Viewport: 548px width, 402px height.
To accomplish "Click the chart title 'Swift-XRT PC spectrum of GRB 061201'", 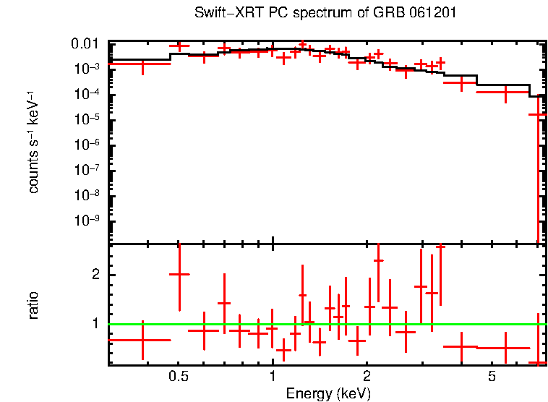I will [325, 14].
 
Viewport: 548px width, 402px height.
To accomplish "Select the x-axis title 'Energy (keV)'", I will [328, 393].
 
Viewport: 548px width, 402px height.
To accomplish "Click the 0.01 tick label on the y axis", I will [87, 45].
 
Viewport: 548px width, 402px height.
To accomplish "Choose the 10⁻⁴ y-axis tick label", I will [87, 95].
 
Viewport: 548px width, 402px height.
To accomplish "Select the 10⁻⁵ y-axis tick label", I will [87, 120].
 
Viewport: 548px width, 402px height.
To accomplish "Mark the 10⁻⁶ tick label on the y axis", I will [87, 145].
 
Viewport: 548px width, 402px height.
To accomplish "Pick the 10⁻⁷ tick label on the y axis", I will [87, 171].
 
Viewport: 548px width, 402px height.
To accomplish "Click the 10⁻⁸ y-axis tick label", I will [87, 196].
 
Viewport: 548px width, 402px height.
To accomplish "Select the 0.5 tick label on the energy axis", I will [179, 377].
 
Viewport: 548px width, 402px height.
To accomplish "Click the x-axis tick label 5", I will [491, 377].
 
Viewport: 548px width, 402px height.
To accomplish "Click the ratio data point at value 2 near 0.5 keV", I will [179, 275].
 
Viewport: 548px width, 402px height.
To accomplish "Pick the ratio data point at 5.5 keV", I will [505, 348].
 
